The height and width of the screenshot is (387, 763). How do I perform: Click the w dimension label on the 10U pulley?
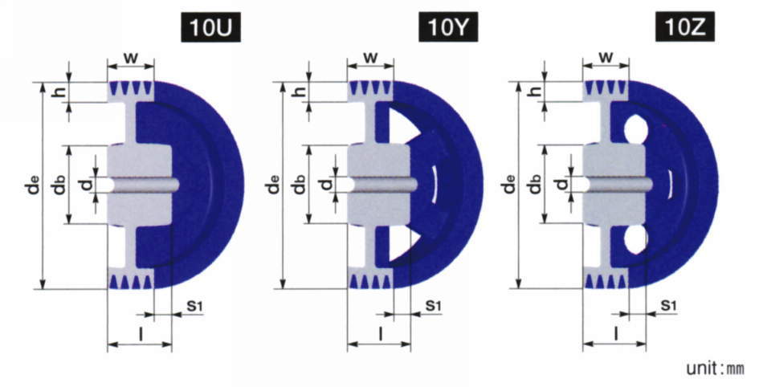tap(130, 58)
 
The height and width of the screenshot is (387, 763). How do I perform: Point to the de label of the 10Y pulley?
tap(275, 185)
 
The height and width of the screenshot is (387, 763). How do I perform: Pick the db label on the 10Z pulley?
tap(536, 184)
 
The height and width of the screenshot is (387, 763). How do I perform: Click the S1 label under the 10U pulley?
tap(194, 306)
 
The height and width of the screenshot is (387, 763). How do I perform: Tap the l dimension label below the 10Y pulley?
tap(381, 333)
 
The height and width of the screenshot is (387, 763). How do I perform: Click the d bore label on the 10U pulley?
tap(86, 184)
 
